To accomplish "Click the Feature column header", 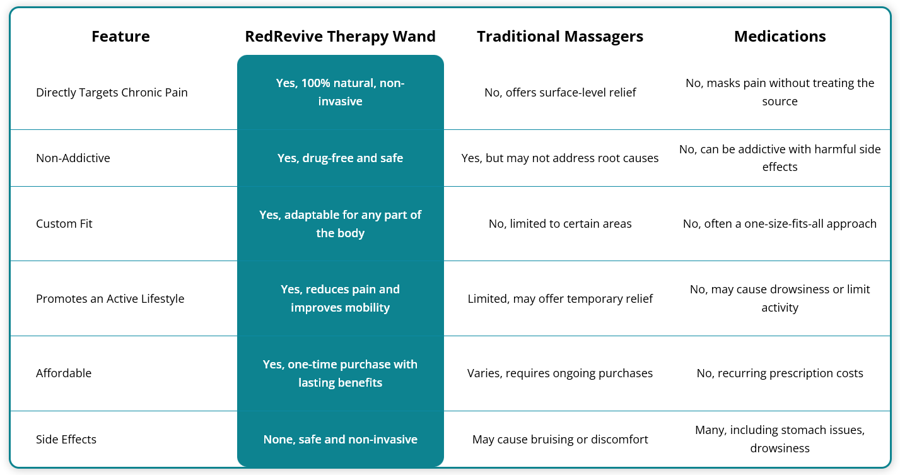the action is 120,36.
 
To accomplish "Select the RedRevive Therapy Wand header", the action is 341,37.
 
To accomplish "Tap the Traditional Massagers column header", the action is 560,37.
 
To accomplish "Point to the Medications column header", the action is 780,36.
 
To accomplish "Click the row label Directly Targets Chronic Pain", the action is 112,93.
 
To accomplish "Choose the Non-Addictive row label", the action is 73,158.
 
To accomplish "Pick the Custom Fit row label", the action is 64,223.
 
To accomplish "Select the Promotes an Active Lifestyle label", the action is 110,298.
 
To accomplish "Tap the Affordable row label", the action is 64,373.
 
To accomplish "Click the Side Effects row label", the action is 66,439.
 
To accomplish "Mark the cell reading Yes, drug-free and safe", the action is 341,158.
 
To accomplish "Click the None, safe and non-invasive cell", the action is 341,439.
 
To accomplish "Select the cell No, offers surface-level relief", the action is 560,93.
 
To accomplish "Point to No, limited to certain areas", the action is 560,223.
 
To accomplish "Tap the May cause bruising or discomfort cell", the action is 560,439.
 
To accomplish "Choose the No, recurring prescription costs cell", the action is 780,373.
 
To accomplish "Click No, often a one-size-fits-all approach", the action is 780,223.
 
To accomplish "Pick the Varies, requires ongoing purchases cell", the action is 560,373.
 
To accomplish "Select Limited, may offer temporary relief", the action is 560,298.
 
